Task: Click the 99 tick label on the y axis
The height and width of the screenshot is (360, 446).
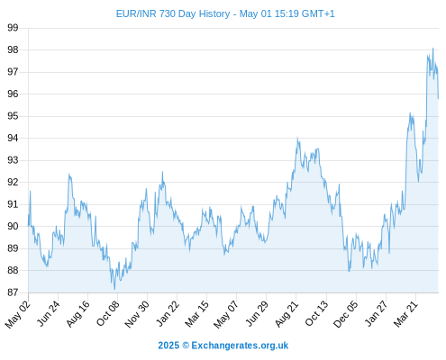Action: (x=13, y=28)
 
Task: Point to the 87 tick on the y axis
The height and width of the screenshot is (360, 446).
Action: (x=13, y=292)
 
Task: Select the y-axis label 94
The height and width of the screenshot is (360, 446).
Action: (x=13, y=138)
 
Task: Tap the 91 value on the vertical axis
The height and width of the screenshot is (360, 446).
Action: (x=13, y=204)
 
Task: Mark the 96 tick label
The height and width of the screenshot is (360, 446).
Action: (x=13, y=94)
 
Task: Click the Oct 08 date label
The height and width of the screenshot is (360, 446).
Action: (x=108, y=313)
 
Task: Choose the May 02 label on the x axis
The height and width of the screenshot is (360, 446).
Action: (x=18, y=314)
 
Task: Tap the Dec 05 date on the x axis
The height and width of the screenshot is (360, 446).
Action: (x=346, y=314)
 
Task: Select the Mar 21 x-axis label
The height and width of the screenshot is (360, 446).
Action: (x=406, y=313)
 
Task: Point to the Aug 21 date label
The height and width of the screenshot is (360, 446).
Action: (x=287, y=313)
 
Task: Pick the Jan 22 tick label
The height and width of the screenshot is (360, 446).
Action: (x=168, y=313)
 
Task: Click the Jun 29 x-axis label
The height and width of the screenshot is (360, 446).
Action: (x=257, y=313)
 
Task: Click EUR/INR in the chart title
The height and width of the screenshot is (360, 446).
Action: (x=136, y=13)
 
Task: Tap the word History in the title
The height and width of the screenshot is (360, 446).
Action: (x=214, y=13)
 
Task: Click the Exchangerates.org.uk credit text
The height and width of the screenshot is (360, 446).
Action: (x=240, y=346)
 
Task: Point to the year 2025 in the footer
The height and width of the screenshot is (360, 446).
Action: (x=168, y=346)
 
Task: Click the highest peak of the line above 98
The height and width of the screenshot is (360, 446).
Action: (x=432, y=48)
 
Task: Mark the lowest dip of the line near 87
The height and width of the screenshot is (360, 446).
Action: (x=114, y=289)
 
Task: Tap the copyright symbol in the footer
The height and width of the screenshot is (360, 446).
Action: (x=186, y=346)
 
